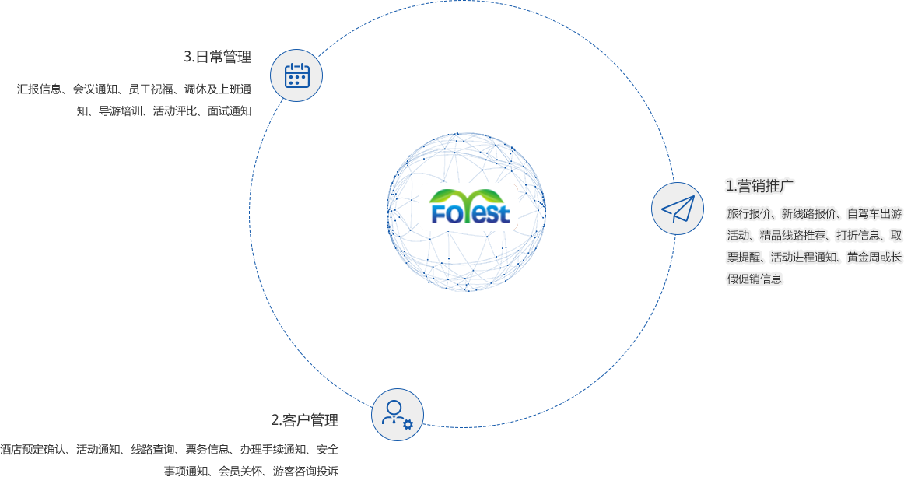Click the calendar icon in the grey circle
[296, 75]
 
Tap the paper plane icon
[677, 209]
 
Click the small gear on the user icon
[408, 425]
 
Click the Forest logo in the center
[469, 207]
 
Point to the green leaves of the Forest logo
[468, 195]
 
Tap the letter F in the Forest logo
[438, 213]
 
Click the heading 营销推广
[766, 186]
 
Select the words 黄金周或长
[874, 258]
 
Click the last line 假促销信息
[755, 279]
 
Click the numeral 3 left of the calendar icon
[187, 56]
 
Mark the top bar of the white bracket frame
[479, 127]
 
